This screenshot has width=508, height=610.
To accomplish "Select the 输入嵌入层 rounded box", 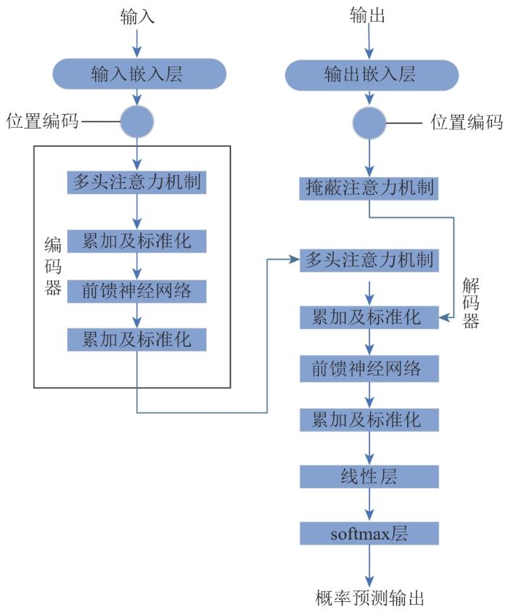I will pyautogui.click(x=137, y=73).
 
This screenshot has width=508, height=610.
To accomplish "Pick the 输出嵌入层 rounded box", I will pyautogui.click(x=370, y=74).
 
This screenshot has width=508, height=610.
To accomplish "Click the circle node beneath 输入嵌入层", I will pyautogui.click(x=137, y=121).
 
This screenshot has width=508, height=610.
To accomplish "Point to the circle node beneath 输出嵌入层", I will pyautogui.click(x=370, y=121).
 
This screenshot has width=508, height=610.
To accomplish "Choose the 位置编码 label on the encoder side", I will pyautogui.click(x=41, y=121).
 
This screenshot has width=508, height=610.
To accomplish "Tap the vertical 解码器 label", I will pyautogui.click(x=470, y=303).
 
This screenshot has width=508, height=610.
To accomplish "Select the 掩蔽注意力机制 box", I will pyautogui.click(x=370, y=187).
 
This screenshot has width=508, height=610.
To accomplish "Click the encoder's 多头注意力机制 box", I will pyautogui.click(x=137, y=181).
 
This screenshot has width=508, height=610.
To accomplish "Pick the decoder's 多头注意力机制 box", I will pyautogui.click(x=370, y=260).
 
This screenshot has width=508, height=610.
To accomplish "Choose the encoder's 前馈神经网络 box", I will pyautogui.click(x=137, y=290).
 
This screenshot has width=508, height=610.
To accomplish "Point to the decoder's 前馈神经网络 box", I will pyautogui.click(x=370, y=368).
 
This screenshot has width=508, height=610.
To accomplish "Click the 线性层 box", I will pyautogui.click(x=370, y=477).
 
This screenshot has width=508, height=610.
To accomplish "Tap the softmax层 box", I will pyautogui.click(x=370, y=534).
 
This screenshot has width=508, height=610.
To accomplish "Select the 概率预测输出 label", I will pyautogui.click(x=370, y=597).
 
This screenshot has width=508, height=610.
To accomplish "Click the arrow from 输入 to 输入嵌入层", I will pyautogui.click(x=137, y=44).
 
